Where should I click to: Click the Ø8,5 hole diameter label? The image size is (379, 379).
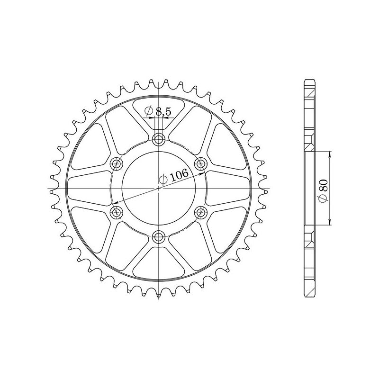click(159, 111)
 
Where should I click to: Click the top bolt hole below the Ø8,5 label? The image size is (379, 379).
click(159, 139)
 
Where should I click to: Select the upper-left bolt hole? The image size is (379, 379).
click(116, 163)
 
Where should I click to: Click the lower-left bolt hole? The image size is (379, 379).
click(116, 212)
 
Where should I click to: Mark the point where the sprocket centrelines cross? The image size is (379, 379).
click(159, 189)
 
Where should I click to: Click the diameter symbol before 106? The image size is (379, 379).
click(162, 180)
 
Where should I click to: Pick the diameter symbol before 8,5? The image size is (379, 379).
click(148, 111)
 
